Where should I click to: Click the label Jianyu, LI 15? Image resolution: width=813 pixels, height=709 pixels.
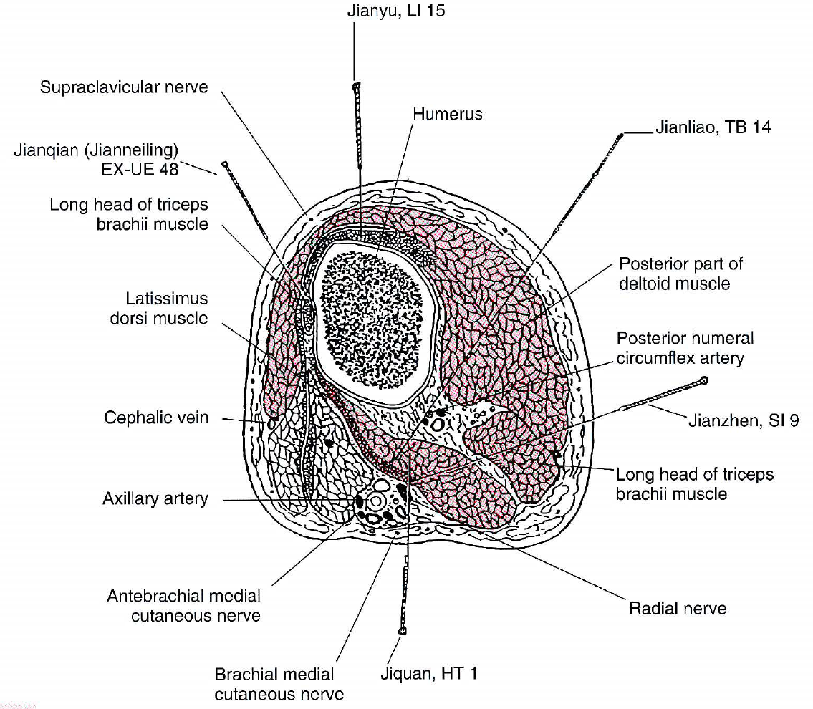pyautogui.click(x=396, y=11)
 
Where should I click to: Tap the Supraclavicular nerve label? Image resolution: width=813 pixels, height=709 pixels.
pyautogui.click(x=124, y=87)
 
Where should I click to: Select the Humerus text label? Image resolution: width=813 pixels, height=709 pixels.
pyautogui.click(x=448, y=114)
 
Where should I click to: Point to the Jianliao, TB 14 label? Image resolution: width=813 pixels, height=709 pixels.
pyautogui.click(x=713, y=128)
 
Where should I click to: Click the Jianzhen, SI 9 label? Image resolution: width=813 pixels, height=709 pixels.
pyautogui.click(x=743, y=420)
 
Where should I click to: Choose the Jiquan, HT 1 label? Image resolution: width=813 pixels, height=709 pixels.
pyautogui.click(x=428, y=673)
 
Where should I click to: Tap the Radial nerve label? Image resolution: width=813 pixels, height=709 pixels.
pyautogui.click(x=677, y=609)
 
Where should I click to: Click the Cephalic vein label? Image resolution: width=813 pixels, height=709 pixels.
pyautogui.click(x=156, y=417)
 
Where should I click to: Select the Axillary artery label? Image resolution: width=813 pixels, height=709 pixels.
pyautogui.click(x=155, y=498)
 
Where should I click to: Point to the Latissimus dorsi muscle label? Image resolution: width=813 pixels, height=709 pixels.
pyautogui.click(x=158, y=308)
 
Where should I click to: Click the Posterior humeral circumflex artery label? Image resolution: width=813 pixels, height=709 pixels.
pyautogui.click(x=685, y=347)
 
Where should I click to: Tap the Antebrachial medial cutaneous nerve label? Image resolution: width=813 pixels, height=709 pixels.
pyautogui.click(x=184, y=605)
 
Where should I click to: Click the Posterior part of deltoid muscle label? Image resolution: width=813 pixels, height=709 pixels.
pyautogui.click(x=680, y=274)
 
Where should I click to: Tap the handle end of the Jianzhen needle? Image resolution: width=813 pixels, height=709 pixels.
pyautogui.click(x=704, y=380)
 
